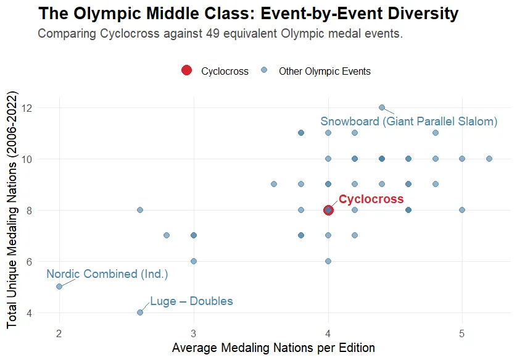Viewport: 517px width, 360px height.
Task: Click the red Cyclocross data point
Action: pyautogui.click(x=328, y=210)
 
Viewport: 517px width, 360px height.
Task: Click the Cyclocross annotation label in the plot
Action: pyautogui.click(x=371, y=199)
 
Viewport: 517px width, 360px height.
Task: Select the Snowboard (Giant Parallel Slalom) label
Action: pyautogui.click(x=408, y=122)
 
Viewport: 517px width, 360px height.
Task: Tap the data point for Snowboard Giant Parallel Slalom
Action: pyautogui.click(x=382, y=107)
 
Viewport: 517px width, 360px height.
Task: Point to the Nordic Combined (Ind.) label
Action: pyautogui.click(x=107, y=274)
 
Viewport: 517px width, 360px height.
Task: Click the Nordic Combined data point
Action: pyautogui.click(x=59, y=287)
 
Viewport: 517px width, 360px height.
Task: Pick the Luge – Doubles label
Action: pyautogui.click(x=191, y=301)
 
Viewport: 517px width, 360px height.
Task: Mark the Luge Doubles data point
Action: pyautogui.click(x=140, y=312)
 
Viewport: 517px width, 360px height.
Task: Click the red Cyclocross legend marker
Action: pyautogui.click(x=187, y=70)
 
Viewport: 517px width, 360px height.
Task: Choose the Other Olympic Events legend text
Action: pyautogui.click(x=325, y=71)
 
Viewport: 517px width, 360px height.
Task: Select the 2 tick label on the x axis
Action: pyautogui.click(x=59, y=334)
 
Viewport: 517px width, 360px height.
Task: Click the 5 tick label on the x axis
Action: pyautogui.click(x=462, y=334)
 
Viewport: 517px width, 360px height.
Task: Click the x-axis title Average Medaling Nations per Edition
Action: pyautogui.click(x=273, y=348)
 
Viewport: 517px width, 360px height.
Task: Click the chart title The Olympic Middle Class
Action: pyautogui.click(x=248, y=14)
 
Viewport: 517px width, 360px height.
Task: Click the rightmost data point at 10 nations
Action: pyautogui.click(x=489, y=159)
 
